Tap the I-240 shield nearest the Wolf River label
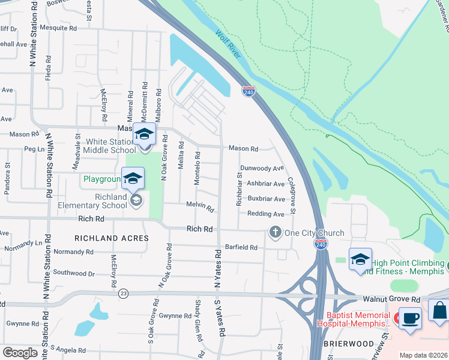[249, 91]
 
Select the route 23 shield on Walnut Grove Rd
[124, 293]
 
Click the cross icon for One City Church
[276, 232]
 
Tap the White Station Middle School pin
[144, 134]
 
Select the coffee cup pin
[411, 318]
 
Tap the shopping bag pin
[439, 311]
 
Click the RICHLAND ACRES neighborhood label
[111, 238]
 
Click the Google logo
[20, 352]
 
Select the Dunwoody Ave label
[262, 169]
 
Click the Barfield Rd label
[241, 247]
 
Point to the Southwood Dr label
[74, 274]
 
